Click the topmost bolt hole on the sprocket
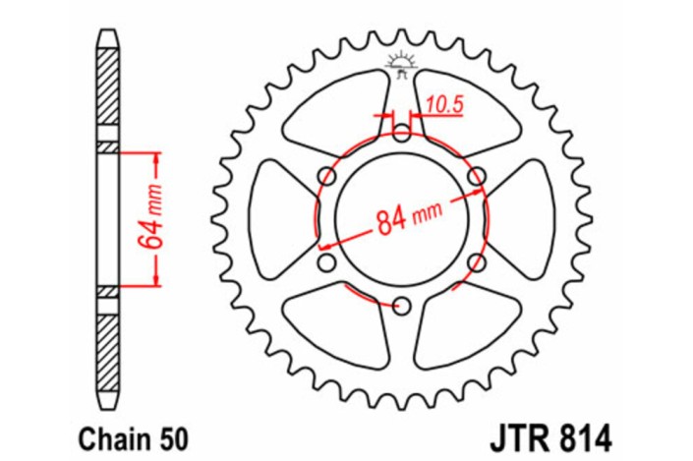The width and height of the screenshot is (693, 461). point(401,132)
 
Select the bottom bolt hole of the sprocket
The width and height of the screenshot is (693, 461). point(401,307)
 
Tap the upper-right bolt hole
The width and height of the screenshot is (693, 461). point(477,176)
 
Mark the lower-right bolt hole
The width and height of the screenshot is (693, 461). point(477,262)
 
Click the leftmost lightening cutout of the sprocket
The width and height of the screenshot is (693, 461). point(275,219)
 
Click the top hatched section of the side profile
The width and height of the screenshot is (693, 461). point(107,88)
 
